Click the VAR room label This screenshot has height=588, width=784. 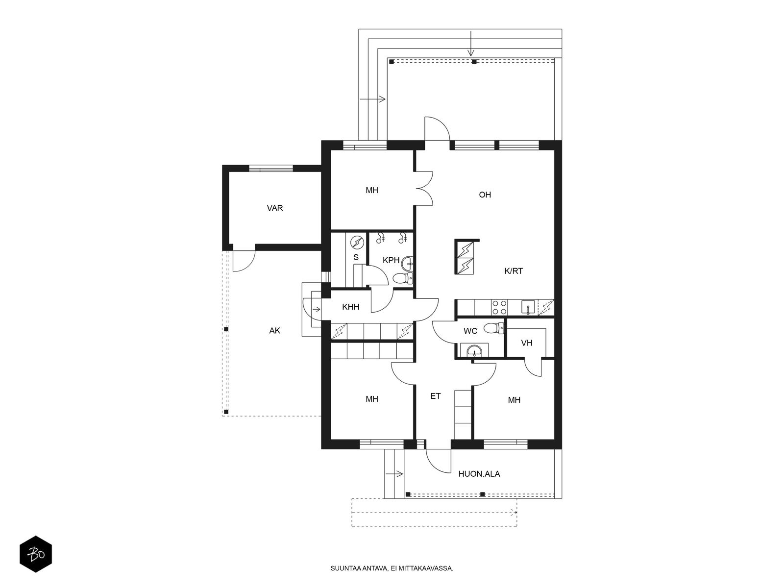pyautogui.click(x=275, y=208)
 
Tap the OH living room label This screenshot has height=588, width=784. pyautogui.click(x=485, y=195)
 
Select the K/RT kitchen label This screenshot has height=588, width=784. pyautogui.click(x=514, y=270)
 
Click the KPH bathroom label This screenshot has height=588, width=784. pyautogui.click(x=391, y=260)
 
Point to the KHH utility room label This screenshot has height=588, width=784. pyautogui.click(x=350, y=307)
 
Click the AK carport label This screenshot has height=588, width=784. pyautogui.click(x=274, y=331)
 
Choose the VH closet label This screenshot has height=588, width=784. pyautogui.click(x=527, y=343)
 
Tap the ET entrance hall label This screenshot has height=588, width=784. pyautogui.click(x=436, y=396)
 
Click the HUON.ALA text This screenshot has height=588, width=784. pyautogui.click(x=479, y=474)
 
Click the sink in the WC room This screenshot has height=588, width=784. pyautogui.click(x=474, y=350)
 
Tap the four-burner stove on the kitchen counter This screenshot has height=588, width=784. pyautogui.click(x=499, y=307)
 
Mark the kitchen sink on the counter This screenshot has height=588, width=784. pyautogui.click(x=528, y=308)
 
